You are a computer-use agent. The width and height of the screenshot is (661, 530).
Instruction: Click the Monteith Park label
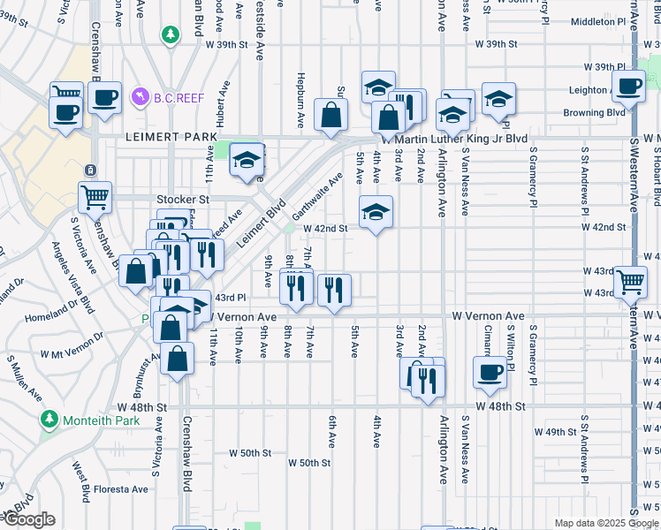point(99,420)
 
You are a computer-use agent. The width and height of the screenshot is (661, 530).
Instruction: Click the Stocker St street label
point(182,200)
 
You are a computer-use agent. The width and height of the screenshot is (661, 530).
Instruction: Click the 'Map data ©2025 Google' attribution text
point(605,523)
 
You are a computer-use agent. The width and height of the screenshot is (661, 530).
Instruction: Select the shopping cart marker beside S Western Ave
point(630,282)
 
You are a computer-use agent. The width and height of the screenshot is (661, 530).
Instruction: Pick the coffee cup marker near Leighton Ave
point(628,87)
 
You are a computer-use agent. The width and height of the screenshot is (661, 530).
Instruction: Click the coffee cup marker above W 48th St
point(490,372)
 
